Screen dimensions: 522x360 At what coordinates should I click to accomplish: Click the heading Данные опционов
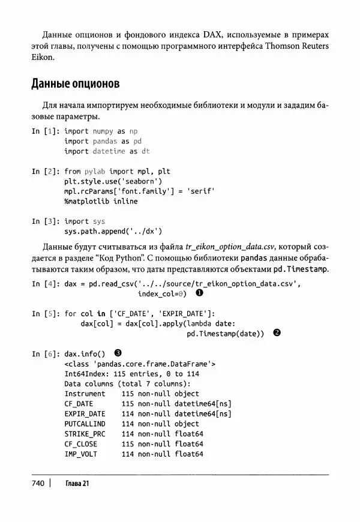pos(76,82)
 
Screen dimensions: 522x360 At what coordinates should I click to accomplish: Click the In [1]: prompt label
pos(45,131)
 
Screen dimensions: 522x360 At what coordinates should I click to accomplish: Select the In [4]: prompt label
pos(45,284)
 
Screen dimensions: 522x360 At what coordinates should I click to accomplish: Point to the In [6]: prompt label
pos(45,353)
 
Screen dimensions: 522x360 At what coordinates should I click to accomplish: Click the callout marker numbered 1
pos(199,294)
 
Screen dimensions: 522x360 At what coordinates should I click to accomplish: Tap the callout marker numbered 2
pos(277,334)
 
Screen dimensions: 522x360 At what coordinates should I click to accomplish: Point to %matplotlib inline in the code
pos(101,201)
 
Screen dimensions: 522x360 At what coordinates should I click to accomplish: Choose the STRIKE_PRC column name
pos(85,434)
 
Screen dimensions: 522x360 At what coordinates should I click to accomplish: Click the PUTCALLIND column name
pos(85,424)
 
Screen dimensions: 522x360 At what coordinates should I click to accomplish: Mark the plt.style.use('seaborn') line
pos(113,181)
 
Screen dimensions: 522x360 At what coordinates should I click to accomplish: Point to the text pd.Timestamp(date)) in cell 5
pos(225,334)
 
